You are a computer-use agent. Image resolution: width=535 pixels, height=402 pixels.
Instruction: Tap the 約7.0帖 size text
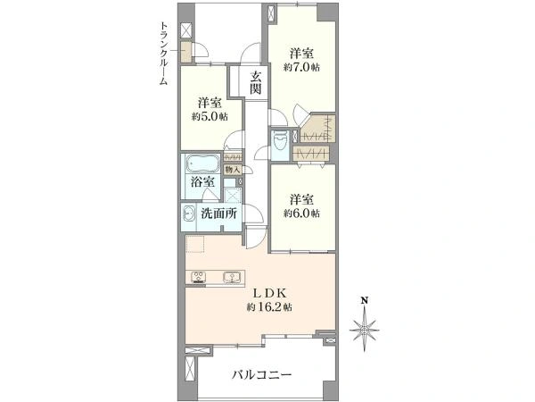[x=301, y=68]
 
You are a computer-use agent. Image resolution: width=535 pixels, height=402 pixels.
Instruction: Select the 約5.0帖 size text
[x=210, y=117]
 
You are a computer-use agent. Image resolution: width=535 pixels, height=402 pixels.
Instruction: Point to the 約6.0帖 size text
[x=301, y=214]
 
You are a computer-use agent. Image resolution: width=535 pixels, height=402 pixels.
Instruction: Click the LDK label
[x=269, y=293]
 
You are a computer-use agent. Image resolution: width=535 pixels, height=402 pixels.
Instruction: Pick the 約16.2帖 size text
[x=269, y=307]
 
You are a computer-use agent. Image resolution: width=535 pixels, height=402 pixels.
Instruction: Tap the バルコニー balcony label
[x=262, y=375]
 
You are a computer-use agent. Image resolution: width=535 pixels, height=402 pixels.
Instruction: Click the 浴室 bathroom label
[x=202, y=181]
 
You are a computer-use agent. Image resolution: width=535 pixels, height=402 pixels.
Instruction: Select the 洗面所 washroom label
[x=218, y=214]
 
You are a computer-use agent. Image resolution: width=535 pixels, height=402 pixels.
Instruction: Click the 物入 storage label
[x=233, y=169]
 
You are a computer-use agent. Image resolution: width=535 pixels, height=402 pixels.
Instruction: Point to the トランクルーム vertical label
[x=164, y=53]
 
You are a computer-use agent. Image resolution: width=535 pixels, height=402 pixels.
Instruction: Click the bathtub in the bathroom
[x=202, y=163]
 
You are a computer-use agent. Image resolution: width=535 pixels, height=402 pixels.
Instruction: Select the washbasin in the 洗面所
[x=189, y=214]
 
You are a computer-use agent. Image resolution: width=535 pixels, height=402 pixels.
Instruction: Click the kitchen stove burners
[x=198, y=277]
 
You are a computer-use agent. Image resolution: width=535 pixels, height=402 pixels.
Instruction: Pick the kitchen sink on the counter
[x=233, y=277]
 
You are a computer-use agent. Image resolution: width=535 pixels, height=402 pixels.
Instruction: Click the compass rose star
[x=365, y=331]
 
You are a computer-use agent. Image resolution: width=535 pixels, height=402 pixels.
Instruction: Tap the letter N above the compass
[x=365, y=300]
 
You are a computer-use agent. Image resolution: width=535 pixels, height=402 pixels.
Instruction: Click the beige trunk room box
[x=186, y=53]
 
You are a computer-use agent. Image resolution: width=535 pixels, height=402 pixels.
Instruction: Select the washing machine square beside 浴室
[x=233, y=196]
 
